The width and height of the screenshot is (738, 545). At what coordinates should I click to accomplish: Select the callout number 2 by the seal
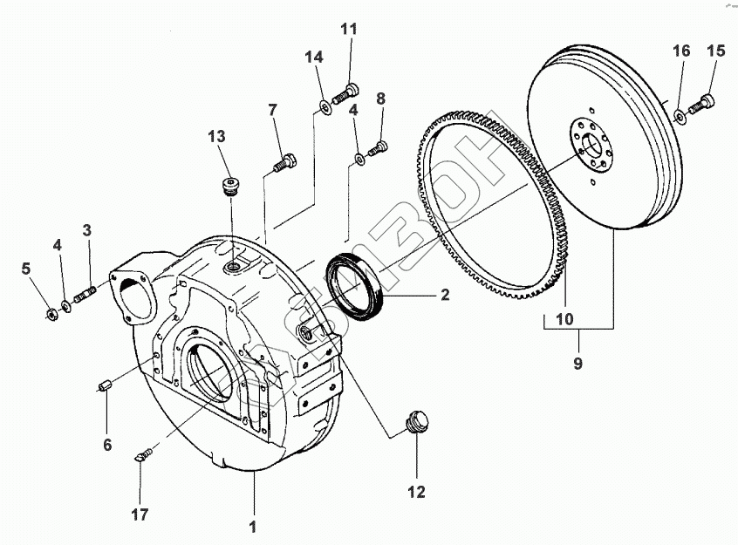tap(444, 295)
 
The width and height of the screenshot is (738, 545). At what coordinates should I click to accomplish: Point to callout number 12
tap(416, 493)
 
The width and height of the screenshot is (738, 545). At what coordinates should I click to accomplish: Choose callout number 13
tap(216, 137)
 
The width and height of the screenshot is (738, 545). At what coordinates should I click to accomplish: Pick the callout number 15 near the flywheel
tap(715, 51)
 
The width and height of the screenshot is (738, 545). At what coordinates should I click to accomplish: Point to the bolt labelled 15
tap(702, 106)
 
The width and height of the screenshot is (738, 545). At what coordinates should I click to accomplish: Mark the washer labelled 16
tap(679, 113)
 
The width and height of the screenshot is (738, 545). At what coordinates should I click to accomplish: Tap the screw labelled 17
tap(144, 453)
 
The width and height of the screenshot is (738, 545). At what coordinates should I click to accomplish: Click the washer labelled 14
tap(325, 107)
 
